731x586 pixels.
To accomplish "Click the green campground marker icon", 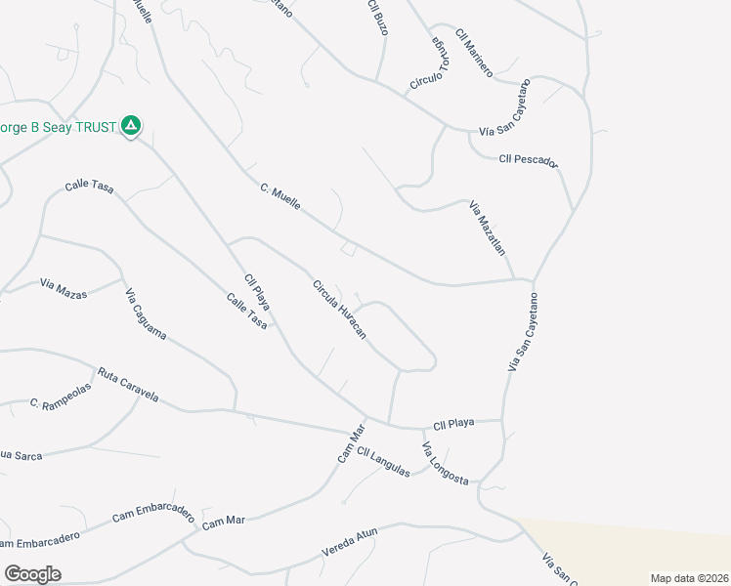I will (x=131, y=125).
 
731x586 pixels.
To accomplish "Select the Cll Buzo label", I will (x=378, y=19).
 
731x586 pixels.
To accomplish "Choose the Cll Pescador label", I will (x=527, y=159).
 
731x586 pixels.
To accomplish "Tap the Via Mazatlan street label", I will (x=488, y=228).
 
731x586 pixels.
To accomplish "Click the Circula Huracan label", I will (x=339, y=311).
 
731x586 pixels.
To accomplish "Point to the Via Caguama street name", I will (x=146, y=314).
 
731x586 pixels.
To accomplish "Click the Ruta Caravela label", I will (x=127, y=385).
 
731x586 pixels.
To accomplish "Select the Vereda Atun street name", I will (x=349, y=543).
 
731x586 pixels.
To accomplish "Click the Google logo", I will (x=32, y=573).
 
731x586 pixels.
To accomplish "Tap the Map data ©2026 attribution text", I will (x=689, y=578).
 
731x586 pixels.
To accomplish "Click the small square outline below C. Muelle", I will (x=348, y=250).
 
